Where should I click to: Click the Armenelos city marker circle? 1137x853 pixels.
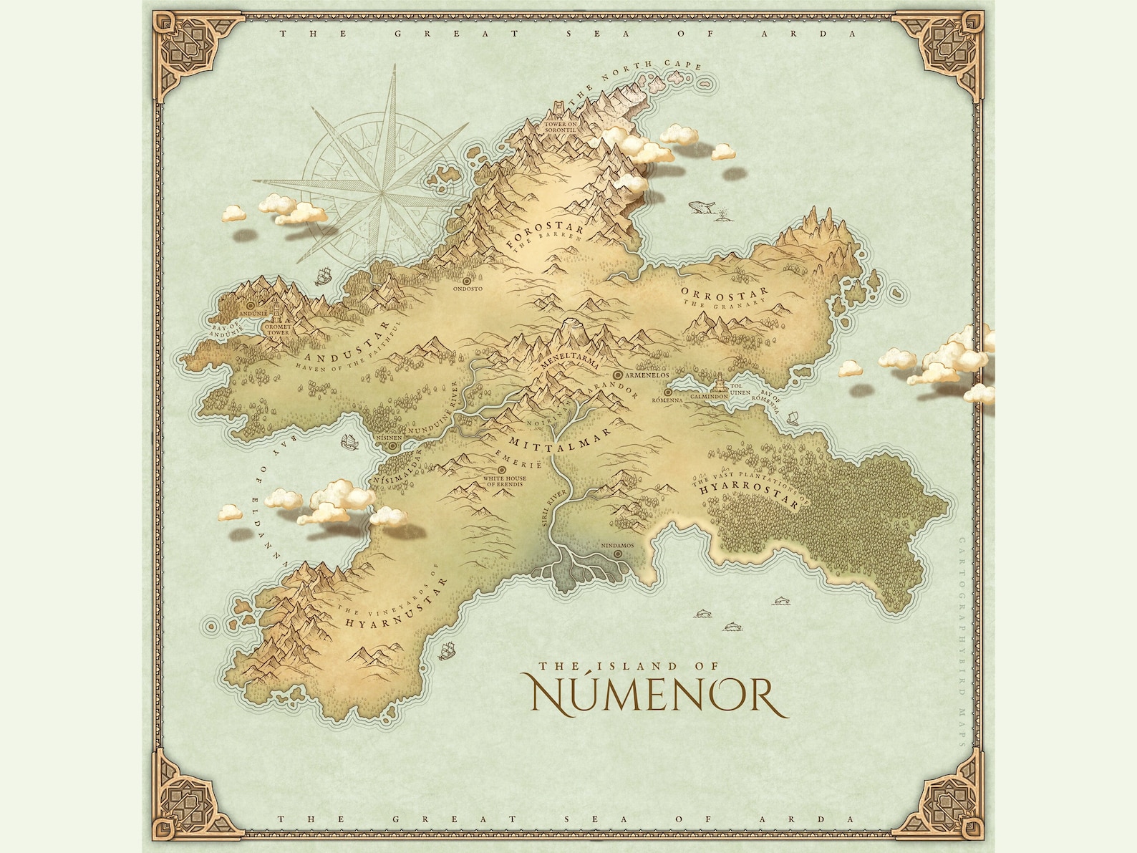pyautogui.click(x=617, y=375)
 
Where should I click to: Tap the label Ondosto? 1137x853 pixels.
pyautogui.click(x=468, y=289)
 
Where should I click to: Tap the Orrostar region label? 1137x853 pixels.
pyautogui.click(x=724, y=292)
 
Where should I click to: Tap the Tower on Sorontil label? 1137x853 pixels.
pyautogui.click(x=561, y=127)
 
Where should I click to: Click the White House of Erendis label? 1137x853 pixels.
pyautogui.click(x=505, y=481)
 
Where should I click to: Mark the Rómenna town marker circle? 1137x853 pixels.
pyautogui.click(x=667, y=392)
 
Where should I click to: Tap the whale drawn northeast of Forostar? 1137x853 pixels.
pyautogui.click(x=700, y=208)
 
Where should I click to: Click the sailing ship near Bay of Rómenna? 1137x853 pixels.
pyautogui.click(x=792, y=417)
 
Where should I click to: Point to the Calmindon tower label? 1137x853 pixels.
pyautogui.click(x=709, y=396)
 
